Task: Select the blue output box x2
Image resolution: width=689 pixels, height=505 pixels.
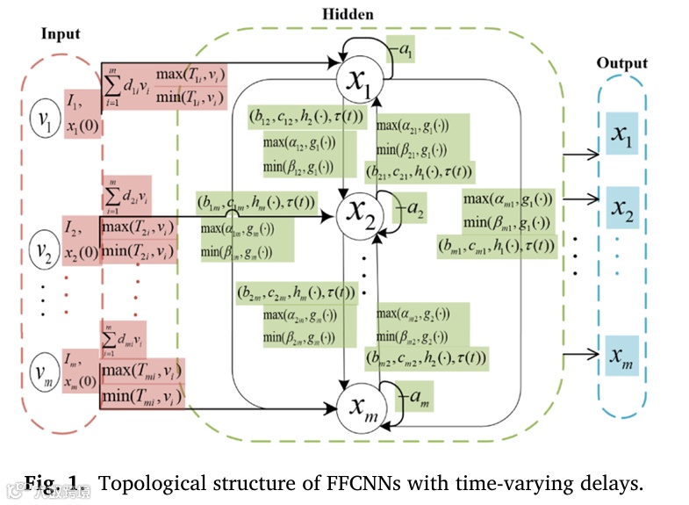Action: point(623,210)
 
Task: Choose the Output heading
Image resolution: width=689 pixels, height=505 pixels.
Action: point(621,63)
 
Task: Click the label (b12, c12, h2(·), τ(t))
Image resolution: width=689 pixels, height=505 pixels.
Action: point(296,115)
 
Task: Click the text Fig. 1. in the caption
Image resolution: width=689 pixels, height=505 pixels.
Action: point(56,482)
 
